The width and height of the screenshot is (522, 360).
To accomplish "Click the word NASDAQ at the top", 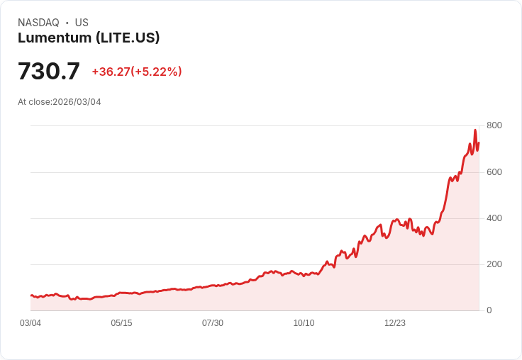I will [x=38, y=23].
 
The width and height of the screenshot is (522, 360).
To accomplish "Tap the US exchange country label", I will [x=82, y=23].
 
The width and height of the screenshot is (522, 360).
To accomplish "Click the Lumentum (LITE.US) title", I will [x=89, y=38].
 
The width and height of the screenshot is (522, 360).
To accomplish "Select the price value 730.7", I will [x=49, y=72].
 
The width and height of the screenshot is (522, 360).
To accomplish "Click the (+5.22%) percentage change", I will [x=157, y=72].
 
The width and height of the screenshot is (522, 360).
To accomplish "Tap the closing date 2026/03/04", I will [x=77, y=102].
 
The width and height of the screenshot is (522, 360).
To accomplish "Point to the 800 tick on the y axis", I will [x=494, y=125].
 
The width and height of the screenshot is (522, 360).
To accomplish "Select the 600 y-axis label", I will [x=494, y=172].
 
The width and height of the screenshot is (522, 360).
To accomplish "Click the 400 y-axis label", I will [x=494, y=218].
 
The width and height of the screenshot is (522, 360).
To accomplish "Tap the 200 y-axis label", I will [x=494, y=264].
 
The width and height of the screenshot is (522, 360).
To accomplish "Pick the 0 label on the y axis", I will [x=489, y=310].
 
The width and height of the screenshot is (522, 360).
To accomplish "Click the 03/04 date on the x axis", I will [x=30, y=323].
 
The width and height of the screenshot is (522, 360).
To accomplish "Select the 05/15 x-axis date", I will [x=121, y=323].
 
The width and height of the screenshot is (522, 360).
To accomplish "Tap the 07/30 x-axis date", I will [x=213, y=323].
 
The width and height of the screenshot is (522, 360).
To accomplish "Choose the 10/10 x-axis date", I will [x=304, y=323].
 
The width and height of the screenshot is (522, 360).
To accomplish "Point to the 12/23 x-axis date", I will [x=395, y=323].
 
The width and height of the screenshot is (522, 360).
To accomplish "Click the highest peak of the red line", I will [x=475, y=130].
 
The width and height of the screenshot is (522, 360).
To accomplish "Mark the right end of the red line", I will [x=479, y=142].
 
